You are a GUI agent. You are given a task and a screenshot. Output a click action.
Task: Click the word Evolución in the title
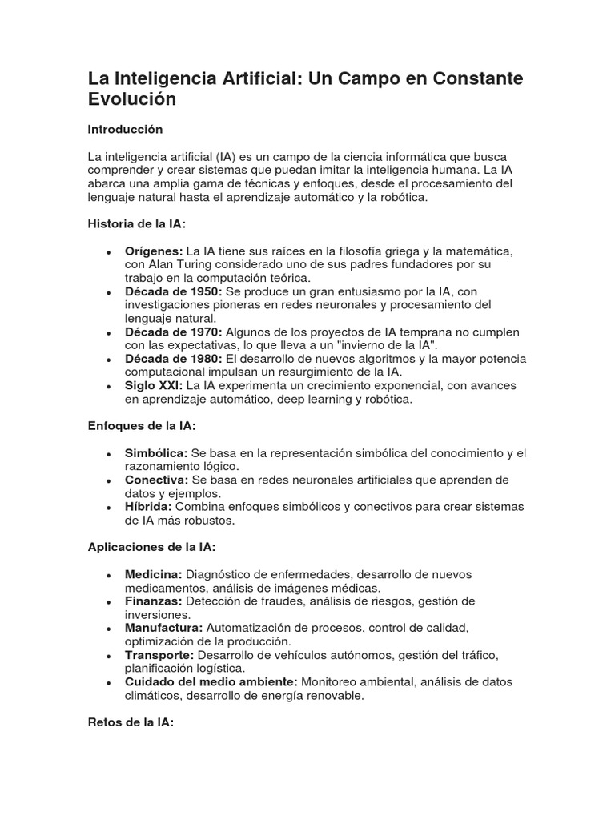131,100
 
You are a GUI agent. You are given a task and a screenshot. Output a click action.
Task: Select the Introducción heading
125,129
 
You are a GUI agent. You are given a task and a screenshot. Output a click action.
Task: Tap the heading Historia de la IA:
136,224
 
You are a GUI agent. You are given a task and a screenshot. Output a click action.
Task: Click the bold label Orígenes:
154,251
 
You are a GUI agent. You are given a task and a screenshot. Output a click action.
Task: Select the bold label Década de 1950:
174,291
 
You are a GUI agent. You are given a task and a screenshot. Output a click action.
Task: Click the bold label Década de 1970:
174,332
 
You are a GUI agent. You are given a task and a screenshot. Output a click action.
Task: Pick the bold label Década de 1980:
174,359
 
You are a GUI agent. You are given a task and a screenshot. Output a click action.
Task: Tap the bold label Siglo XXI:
154,385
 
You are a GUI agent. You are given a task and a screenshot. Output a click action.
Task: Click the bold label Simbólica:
156,453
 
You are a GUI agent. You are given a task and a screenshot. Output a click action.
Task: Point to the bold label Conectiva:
156,480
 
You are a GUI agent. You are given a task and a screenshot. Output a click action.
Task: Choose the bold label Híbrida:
148,507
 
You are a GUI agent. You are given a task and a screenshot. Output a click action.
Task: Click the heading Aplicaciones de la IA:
151,547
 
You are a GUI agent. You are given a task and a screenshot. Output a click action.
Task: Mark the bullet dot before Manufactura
107,629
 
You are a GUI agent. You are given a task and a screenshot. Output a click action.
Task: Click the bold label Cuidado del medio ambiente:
211,681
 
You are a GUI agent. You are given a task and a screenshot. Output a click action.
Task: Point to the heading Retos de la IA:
131,722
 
